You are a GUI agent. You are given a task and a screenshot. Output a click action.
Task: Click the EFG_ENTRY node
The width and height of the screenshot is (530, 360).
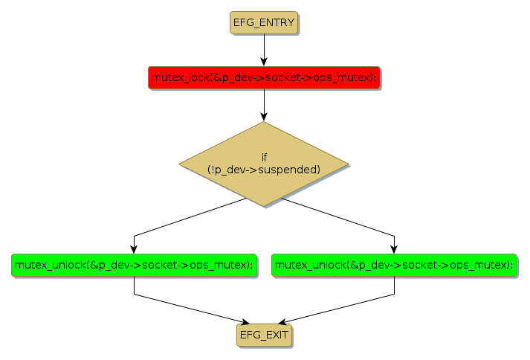coord(264,23)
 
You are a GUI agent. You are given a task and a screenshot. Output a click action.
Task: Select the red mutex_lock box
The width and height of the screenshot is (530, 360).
coord(264,77)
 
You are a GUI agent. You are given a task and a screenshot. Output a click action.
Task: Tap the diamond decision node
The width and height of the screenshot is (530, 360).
coord(264,164)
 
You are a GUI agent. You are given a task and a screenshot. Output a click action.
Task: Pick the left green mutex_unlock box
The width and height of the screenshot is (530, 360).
coord(134,265)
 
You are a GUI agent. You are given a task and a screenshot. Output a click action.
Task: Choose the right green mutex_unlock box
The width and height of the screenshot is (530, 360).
coord(394,265)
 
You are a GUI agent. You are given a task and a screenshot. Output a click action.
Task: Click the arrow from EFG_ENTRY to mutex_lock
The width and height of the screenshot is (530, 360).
coord(264,48)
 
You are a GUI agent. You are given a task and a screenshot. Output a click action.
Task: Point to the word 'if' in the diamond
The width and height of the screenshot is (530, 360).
coord(264,158)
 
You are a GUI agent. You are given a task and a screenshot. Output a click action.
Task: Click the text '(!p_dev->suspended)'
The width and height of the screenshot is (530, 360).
coord(264,170)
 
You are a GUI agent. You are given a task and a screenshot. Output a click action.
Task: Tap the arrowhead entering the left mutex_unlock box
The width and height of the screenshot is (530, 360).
coord(134,249)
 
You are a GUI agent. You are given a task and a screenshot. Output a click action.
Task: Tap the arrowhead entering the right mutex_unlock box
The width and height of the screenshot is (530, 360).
coord(394,249)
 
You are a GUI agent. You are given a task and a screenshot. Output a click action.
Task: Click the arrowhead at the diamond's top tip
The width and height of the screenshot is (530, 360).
coord(264,117)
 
